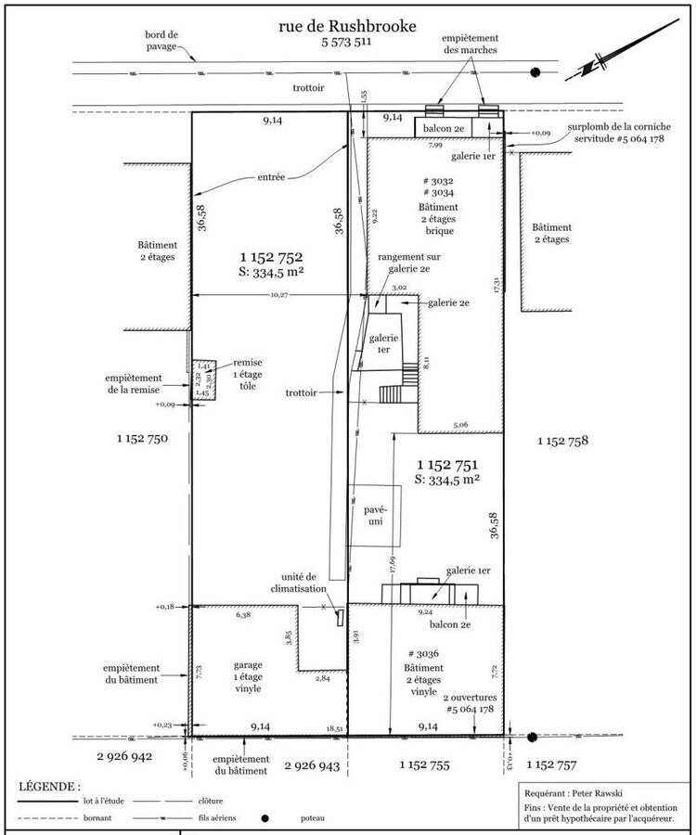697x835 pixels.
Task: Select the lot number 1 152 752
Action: click(x=272, y=257)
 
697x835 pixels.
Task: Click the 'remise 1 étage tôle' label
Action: click(x=247, y=378)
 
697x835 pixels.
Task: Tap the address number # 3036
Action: click(x=421, y=653)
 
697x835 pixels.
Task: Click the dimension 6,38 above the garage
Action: click(x=243, y=615)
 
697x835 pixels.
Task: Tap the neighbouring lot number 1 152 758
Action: click(x=563, y=441)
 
